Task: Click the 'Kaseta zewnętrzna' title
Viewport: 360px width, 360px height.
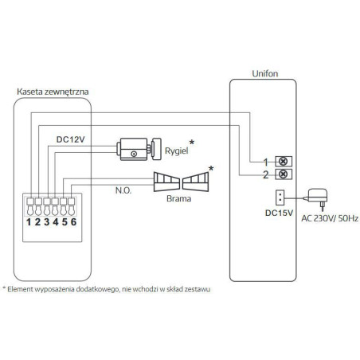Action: pyautogui.click(x=53, y=92)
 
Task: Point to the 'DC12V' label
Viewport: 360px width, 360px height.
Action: pyautogui.click(x=73, y=139)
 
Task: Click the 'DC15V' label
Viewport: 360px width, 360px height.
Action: pyautogui.click(x=281, y=213)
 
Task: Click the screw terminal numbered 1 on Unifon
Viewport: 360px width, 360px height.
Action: pyautogui.click(x=281, y=160)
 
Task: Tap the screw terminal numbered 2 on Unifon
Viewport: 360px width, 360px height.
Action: pyautogui.click(x=281, y=174)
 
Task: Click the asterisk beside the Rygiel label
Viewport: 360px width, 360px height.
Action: pyautogui.click(x=192, y=141)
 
